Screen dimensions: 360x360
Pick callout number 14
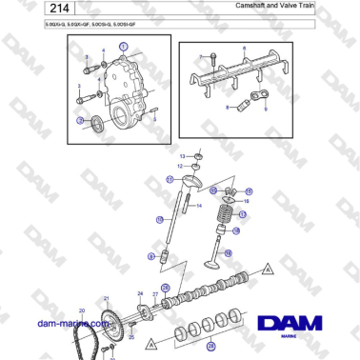pos(200,204)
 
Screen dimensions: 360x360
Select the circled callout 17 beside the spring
pos(243,214)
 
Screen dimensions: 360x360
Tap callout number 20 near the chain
pos(81,310)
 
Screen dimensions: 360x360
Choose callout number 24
pos(141,293)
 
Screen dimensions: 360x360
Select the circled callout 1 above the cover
pos(122,46)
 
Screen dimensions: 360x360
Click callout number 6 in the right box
pos(244,48)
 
